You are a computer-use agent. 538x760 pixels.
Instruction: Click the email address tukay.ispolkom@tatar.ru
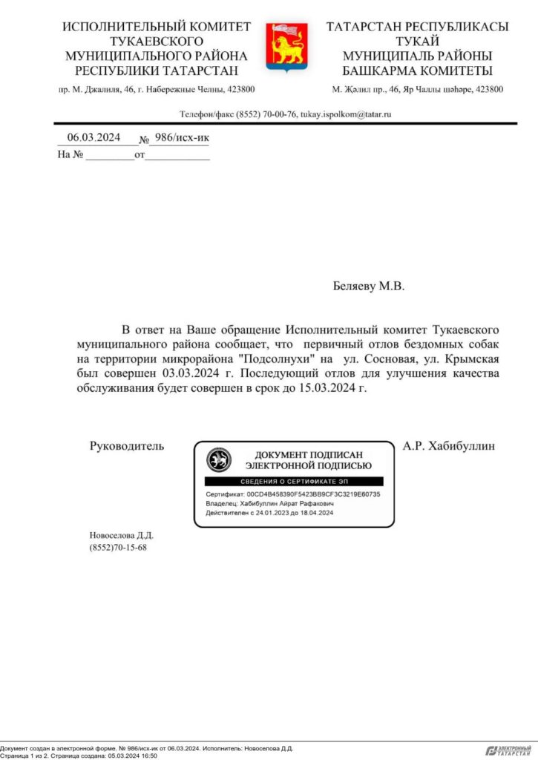click(x=345, y=114)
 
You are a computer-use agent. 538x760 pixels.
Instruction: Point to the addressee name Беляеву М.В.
click(x=368, y=286)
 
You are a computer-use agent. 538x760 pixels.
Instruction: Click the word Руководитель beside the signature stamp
click(x=126, y=446)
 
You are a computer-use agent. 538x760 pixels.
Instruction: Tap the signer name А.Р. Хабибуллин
click(x=448, y=446)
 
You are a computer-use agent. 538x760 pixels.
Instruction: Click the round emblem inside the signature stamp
click(x=218, y=460)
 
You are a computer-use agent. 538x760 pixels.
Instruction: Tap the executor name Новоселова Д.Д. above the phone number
click(x=121, y=535)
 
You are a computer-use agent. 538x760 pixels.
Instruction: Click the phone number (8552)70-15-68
click(x=117, y=548)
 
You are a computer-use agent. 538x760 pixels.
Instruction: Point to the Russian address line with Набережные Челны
click(x=157, y=89)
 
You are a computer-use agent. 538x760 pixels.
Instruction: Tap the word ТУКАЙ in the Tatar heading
click(x=417, y=42)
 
